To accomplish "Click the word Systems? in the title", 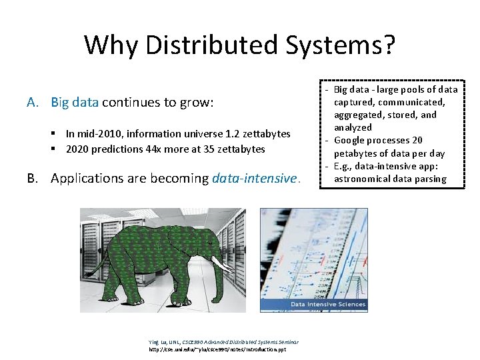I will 341,45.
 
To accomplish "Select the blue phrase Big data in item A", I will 75,103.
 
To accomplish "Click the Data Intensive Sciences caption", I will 327,305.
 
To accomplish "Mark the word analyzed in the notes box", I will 353,127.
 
